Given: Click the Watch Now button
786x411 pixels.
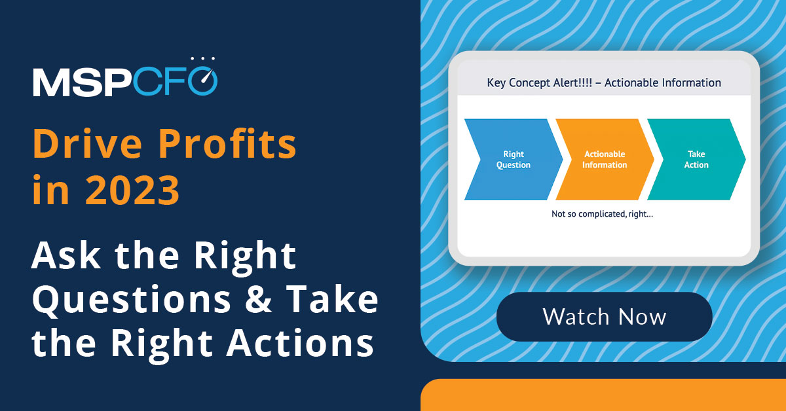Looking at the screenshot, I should [604, 317].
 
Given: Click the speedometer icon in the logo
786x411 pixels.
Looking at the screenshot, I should [207, 77].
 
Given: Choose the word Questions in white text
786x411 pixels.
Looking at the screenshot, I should [131, 299].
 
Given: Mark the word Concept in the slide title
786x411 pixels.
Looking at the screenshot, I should [531, 83].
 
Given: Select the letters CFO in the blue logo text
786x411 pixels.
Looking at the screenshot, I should [180, 82].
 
